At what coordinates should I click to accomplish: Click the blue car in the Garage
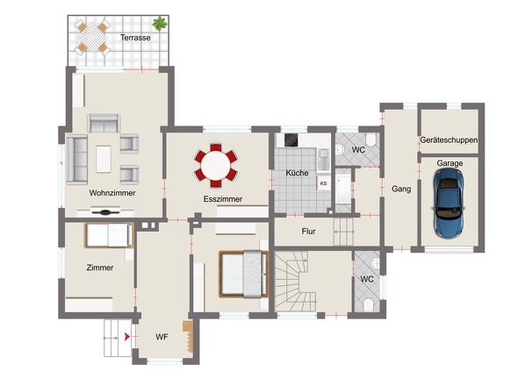pyautogui.click(x=449, y=203)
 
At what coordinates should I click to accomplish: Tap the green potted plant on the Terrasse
pyautogui.click(x=160, y=24)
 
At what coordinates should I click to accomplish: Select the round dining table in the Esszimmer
pyautogui.click(x=216, y=165)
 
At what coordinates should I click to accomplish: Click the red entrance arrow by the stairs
pyautogui.click(x=126, y=337)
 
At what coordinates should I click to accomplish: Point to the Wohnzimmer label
pyautogui.click(x=112, y=193)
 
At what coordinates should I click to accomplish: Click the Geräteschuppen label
pyautogui.click(x=449, y=140)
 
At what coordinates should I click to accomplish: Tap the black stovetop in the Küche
pyautogui.click(x=291, y=140)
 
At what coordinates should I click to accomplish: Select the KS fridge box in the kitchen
pyautogui.click(x=324, y=183)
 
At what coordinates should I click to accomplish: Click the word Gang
pyautogui.click(x=401, y=189)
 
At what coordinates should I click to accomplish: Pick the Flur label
pyautogui.click(x=308, y=232)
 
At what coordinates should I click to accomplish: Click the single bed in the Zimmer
pyautogui.click(x=109, y=235)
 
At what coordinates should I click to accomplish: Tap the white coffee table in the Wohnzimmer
pyautogui.click(x=104, y=159)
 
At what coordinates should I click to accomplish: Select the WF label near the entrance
pyautogui.click(x=162, y=337)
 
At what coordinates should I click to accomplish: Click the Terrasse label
pyautogui.click(x=135, y=38)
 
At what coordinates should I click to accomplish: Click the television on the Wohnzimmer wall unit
pyautogui.click(x=105, y=212)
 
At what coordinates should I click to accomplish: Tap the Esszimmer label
pyautogui.click(x=223, y=199)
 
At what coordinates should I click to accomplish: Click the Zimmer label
pyautogui.click(x=100, y=268)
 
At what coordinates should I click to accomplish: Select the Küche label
pyautogui.click(x=297, y=173)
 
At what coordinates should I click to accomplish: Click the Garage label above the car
pyautogui.click(x=450, y=163)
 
